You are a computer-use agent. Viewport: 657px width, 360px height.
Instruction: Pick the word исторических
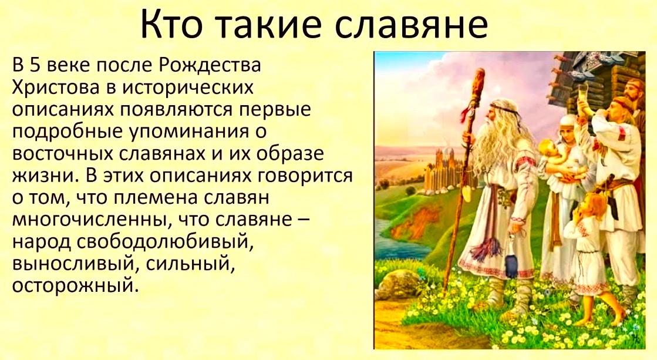tap(188, 88)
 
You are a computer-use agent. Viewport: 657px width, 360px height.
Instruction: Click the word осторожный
tap(75, 286)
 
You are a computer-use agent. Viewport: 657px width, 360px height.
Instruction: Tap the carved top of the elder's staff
tap(478, 84)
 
